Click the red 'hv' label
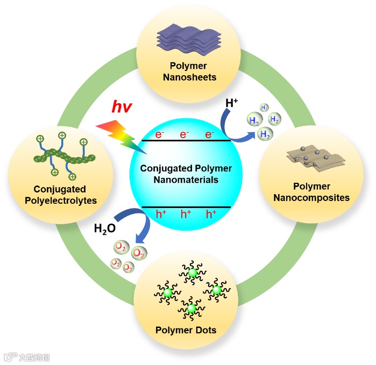[122, 106]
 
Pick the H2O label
[104, 228]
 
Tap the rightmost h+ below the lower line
[211, 214]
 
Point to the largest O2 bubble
[138, 252]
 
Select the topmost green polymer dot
[192, 273]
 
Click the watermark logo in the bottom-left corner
[9, 357]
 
